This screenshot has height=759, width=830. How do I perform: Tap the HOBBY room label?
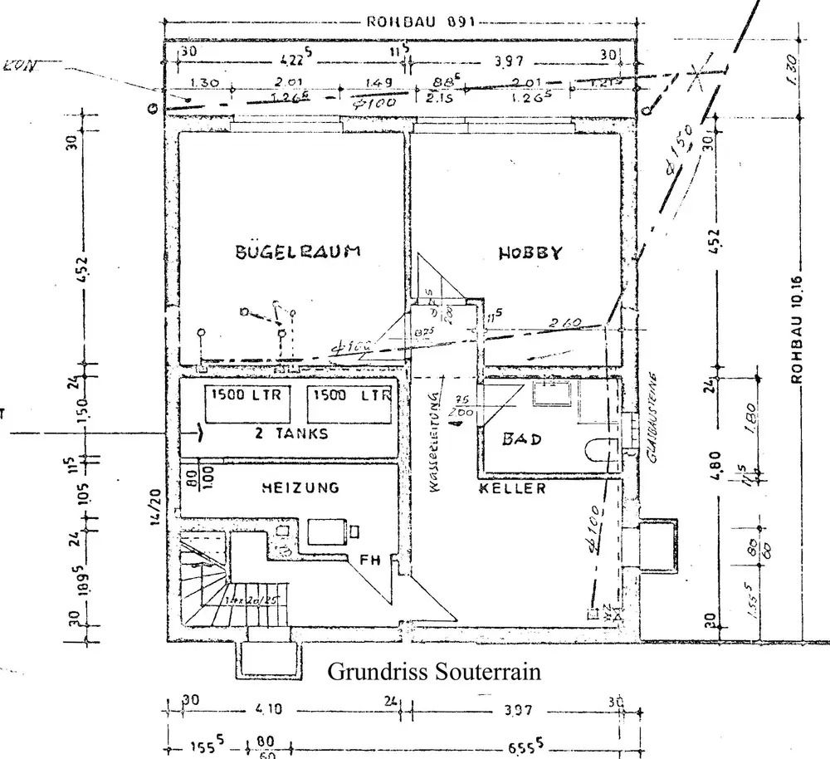pyautogui.click(x=530, y=253)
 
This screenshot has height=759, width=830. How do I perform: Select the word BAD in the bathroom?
pyautogui.click(x=522, y=438)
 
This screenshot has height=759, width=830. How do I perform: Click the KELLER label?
pyautogui.click(x=512, y=488)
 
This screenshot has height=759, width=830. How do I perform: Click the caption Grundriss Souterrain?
pyautogui.click(x=434, y=671)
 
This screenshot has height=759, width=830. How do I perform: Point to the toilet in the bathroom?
pyautogui.click(x=601, y=449)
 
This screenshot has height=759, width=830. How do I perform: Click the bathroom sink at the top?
pyautogui.click(x=551, y=394)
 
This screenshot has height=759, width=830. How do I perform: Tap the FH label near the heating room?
pyautogui.click(x=369, y=561)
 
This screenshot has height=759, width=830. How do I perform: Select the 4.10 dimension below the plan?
pyautogui.click(x=269, y=710)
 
